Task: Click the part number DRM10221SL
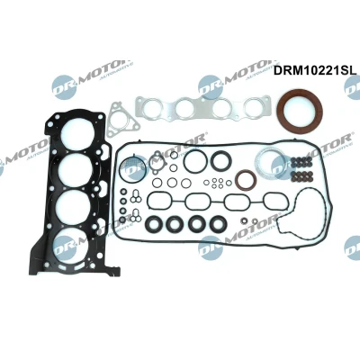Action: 314,70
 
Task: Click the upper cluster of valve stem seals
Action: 301,161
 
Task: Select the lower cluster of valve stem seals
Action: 301,176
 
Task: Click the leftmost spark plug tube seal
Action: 155,224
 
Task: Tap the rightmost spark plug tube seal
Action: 217,224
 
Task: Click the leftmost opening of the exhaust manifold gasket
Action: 149,108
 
